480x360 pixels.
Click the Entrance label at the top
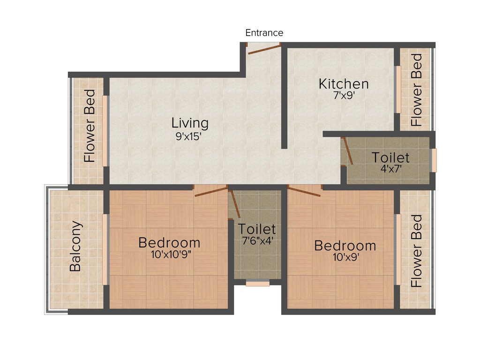(x=264, y=33)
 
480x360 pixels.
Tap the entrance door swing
(x=264, y=49)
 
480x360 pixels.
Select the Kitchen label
(x=344, y=84)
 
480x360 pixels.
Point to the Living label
(x=189, y=123)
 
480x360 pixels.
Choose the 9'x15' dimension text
(x=189, y=138)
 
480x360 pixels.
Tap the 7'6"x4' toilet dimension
(x=256, y=242)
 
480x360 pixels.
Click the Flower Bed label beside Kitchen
(x=416, y=90)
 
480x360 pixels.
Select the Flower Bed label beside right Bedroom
(x=416, y=251)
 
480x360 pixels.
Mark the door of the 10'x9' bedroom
(x=304, y=191)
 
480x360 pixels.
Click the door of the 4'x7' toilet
(x=347, y=150)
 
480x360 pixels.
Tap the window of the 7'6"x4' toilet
(x=257, y=283)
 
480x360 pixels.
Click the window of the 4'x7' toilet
(x=434, y=160)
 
